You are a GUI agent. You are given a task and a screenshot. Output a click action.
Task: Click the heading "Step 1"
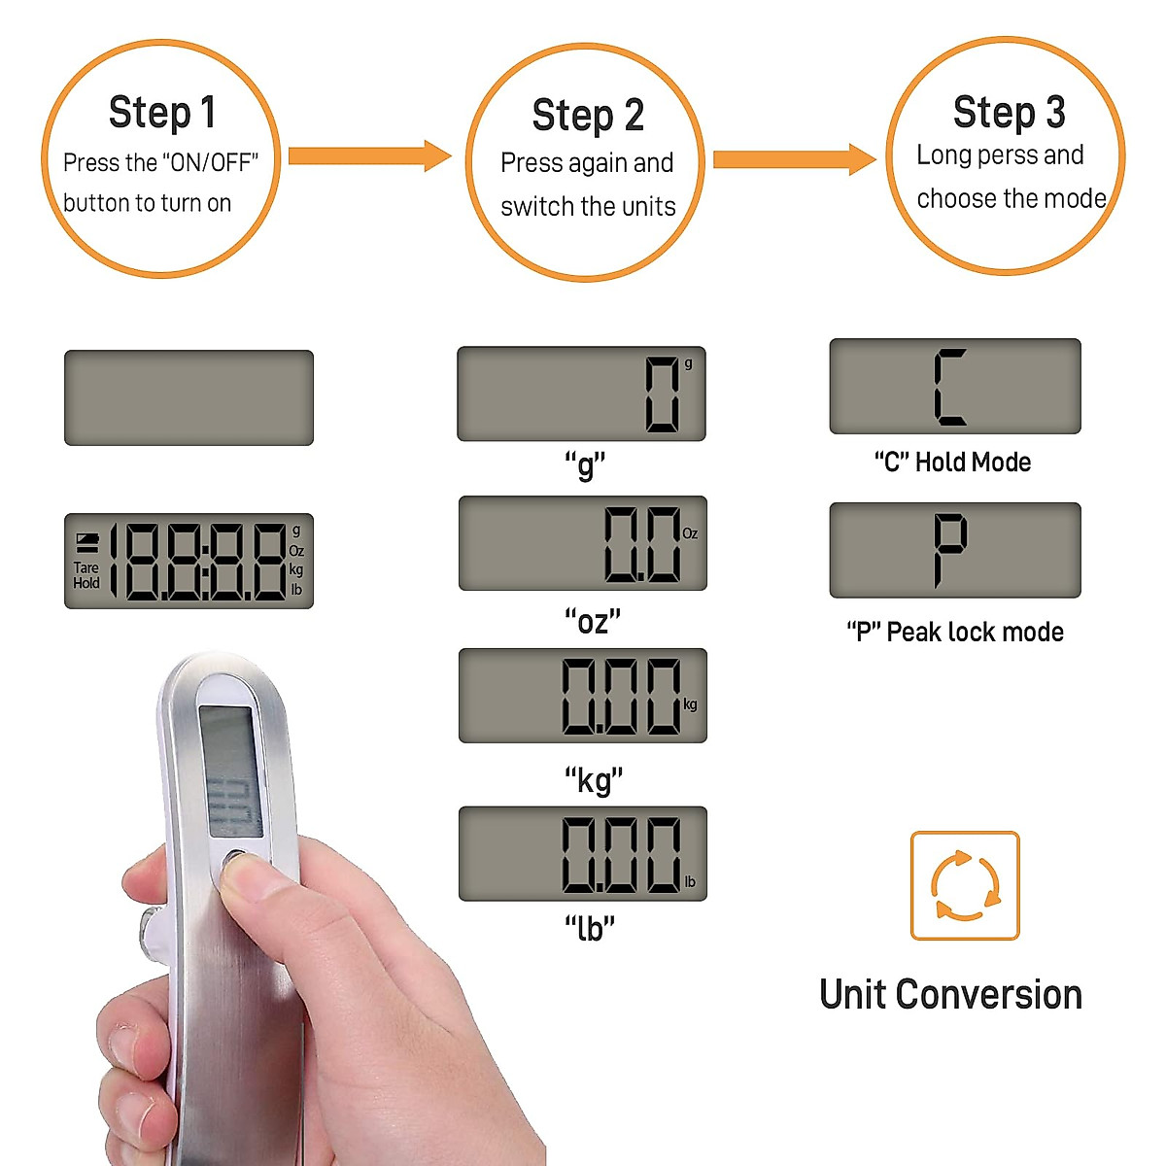[161, 113]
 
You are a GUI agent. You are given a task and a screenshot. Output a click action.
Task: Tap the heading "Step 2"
[587, 116]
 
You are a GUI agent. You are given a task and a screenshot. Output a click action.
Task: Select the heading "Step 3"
[1009, 113]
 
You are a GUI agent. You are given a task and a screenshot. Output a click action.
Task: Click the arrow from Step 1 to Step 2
[369, 155]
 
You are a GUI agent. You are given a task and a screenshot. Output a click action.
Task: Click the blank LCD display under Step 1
[189, 397]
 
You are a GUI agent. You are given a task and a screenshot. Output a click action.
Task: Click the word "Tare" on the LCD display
[86, 567]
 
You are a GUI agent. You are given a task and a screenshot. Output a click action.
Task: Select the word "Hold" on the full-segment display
[86, 583]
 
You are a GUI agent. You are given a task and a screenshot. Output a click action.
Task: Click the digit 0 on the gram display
[663, 394]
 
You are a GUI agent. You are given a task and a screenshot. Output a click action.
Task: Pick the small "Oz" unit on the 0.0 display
[690, 533]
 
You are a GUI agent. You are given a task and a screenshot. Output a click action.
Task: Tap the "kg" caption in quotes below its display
[593, 779]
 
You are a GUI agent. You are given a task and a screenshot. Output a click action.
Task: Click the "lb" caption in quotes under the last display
[590, 928]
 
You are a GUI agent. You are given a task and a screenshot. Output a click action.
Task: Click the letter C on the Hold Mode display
[949, 387]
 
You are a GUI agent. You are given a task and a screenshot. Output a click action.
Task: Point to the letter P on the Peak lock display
[949, 549]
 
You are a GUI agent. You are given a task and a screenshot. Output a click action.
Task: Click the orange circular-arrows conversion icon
[964, 885]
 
